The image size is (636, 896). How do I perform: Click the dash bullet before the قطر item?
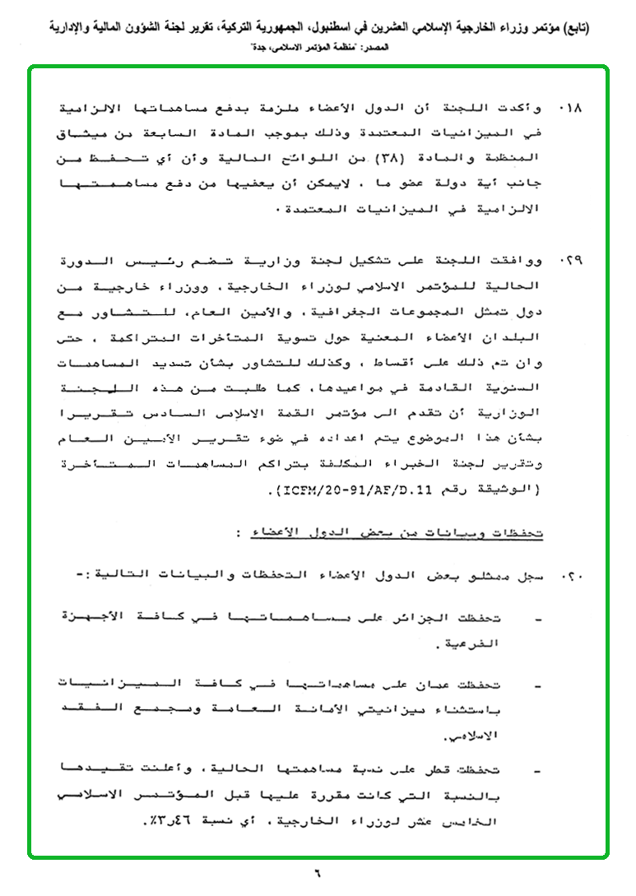click(536, 773)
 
